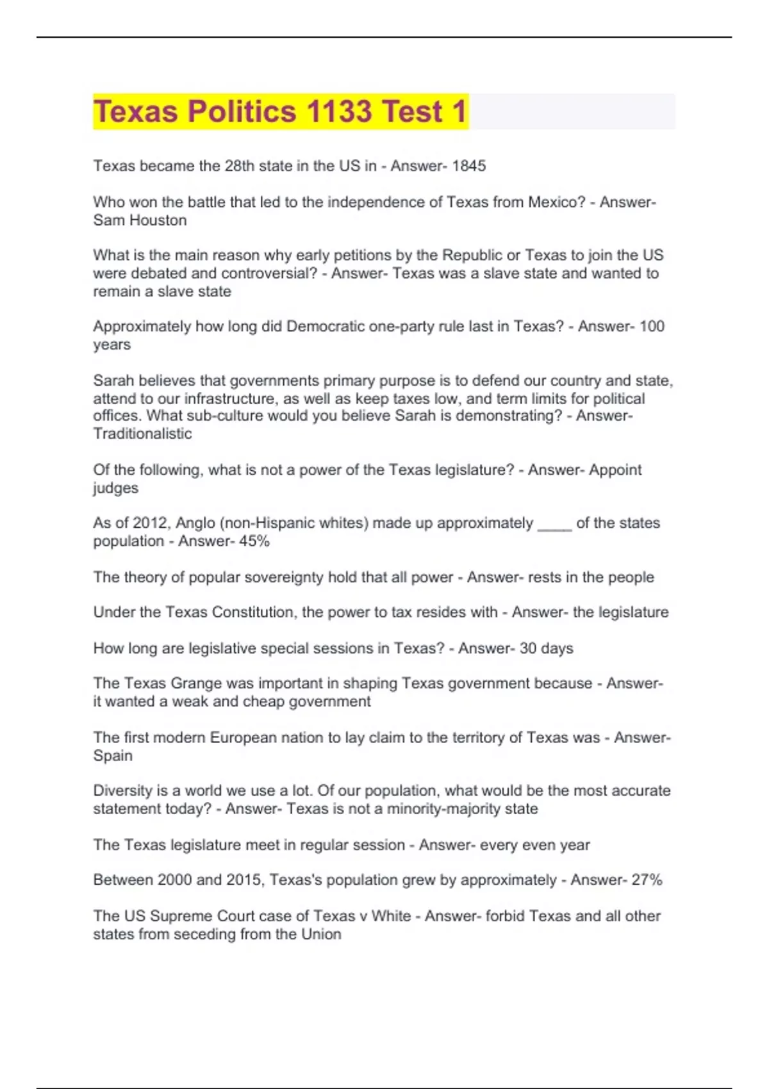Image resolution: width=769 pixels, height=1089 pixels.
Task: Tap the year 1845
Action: (x=468, y=166)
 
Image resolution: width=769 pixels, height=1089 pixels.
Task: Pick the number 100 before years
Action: (x=652, y=326)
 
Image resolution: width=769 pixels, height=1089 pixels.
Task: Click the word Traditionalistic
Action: (x=142, y=434)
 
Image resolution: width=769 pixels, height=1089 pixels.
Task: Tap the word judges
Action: (x=115, y=488)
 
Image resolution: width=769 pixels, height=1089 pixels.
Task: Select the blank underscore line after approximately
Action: (x=554, y=523)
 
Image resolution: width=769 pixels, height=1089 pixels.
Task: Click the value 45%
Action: (x=254, y=541)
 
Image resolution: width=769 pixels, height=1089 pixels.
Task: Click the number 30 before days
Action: (x=528, y=648)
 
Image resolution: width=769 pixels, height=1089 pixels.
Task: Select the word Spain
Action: (x=113, y=756)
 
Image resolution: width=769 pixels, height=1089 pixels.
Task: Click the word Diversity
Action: (x=124, y=790)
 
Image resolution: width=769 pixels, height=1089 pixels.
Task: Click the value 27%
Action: (x=647, y=880)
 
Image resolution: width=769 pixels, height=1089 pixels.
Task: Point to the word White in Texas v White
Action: (x=391, y=916)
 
